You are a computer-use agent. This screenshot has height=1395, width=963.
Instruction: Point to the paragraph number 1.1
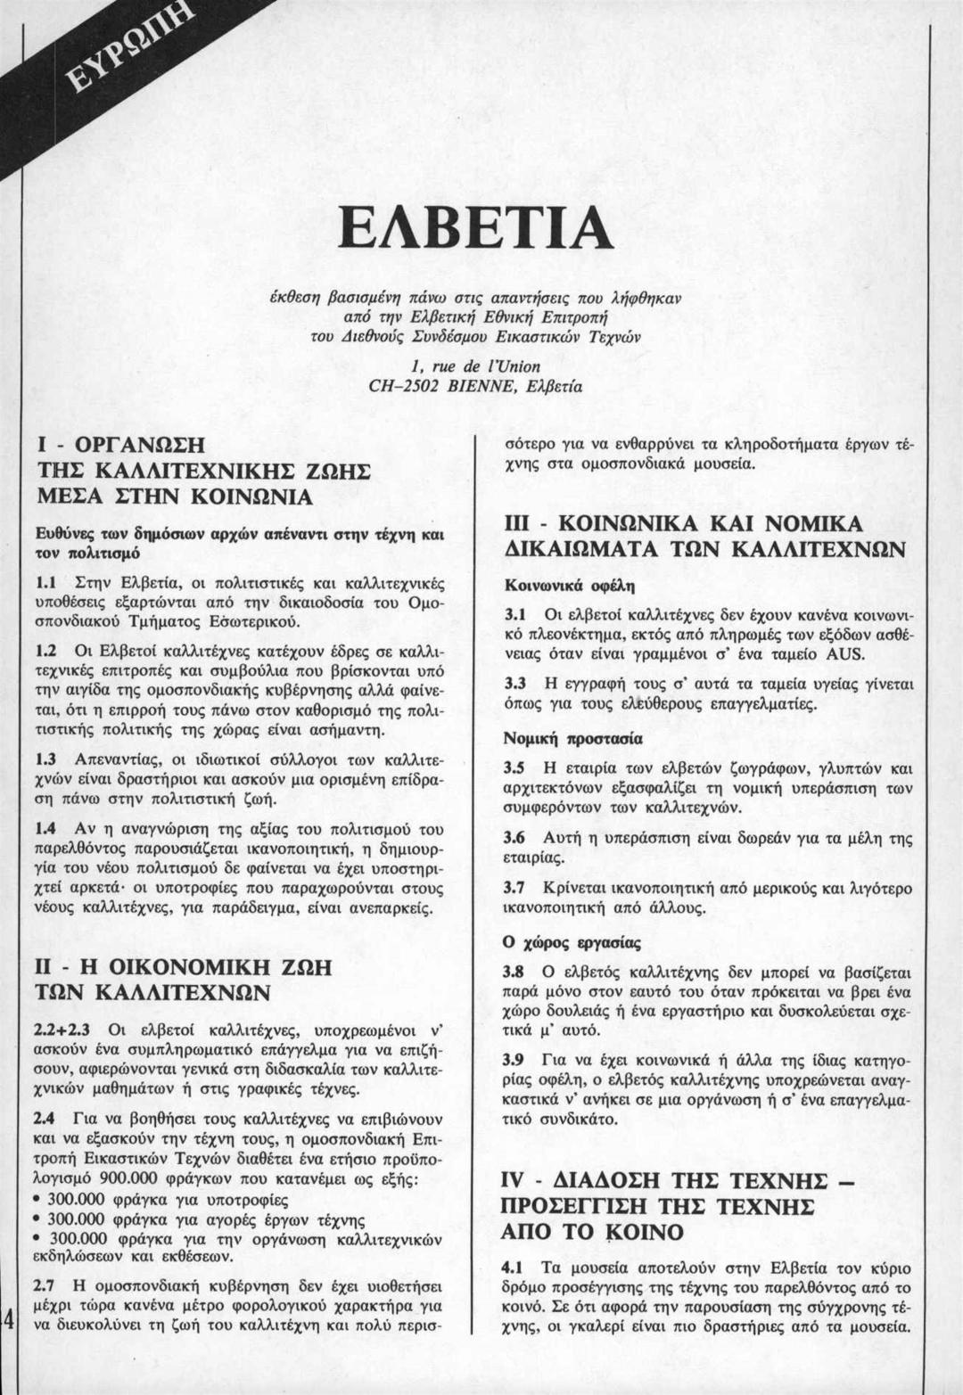46,583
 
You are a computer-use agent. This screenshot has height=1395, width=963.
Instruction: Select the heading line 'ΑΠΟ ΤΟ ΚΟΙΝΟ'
593,1233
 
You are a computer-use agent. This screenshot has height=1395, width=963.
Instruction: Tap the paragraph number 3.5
515,767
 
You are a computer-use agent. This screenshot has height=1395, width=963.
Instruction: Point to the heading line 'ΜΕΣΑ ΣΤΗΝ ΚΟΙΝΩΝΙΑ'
173,496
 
